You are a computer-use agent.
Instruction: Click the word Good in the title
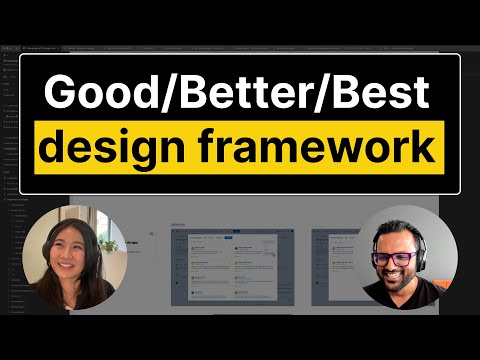(x=93, y=94)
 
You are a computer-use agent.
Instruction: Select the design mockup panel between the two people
(x=236, y=265)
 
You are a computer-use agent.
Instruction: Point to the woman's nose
(x=69, y=257)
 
